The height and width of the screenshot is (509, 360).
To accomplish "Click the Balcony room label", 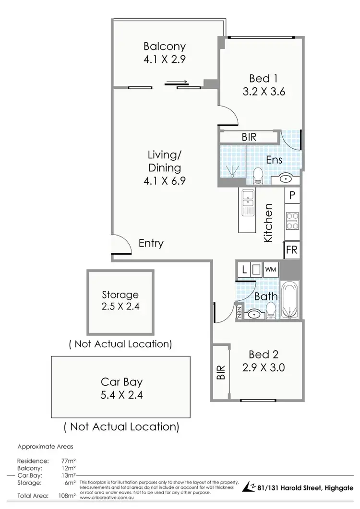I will (164, 47).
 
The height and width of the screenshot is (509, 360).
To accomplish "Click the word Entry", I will (151, 243).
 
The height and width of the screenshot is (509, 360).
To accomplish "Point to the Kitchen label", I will (268, 223).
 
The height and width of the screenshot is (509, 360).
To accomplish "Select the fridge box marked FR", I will (291, 249).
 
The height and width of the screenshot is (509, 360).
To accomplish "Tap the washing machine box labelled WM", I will (271, 270).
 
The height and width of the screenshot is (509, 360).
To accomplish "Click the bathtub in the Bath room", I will (290, 300).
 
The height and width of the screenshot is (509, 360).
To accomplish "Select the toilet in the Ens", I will (258, 175).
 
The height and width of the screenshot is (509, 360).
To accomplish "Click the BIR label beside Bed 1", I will (249, 137).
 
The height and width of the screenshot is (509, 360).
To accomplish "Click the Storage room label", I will (120, 295).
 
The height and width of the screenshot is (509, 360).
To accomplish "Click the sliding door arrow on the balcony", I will (176, 82).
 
